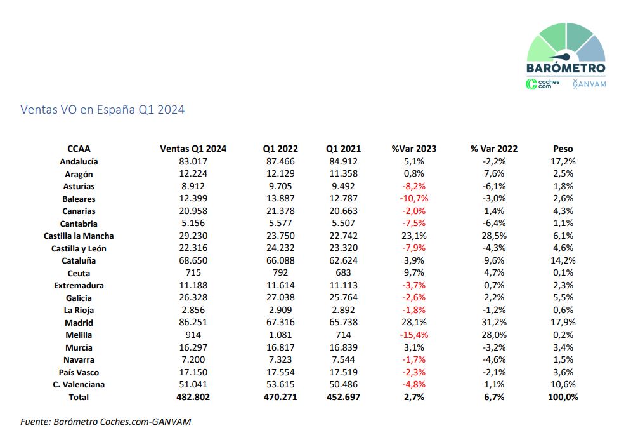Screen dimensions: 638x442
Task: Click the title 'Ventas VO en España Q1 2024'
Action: (103, 110)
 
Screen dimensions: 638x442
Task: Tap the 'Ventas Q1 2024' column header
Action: (193, 149)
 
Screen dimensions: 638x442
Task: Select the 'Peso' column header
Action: (563, 149)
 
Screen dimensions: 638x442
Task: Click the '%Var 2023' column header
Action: (413, 149)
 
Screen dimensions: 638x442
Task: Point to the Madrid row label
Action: (79, 323)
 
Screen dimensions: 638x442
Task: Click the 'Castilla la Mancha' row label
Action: (79, 236)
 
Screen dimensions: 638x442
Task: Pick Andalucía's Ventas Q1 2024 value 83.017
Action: (193, 161)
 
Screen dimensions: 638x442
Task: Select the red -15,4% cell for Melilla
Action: (413, 335)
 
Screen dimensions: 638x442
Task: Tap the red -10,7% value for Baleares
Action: (413, 198)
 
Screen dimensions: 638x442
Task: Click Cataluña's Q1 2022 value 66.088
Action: (280, 260)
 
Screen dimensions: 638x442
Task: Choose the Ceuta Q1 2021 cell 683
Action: (343, 272)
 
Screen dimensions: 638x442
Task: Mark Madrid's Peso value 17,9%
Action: (563, 322)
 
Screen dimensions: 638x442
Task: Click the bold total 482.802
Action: (193, 397)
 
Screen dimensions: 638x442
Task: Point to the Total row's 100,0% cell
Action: (563, 397)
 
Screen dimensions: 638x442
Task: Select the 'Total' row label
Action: (79, 397)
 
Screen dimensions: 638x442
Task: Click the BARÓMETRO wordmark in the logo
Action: (566, 67)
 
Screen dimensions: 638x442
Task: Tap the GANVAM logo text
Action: (590, 84)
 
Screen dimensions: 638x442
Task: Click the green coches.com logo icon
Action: (531, 84)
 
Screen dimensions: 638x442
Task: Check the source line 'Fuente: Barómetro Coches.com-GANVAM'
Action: (106, 422)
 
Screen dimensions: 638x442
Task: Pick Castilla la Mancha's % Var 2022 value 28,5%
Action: (494, 236)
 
